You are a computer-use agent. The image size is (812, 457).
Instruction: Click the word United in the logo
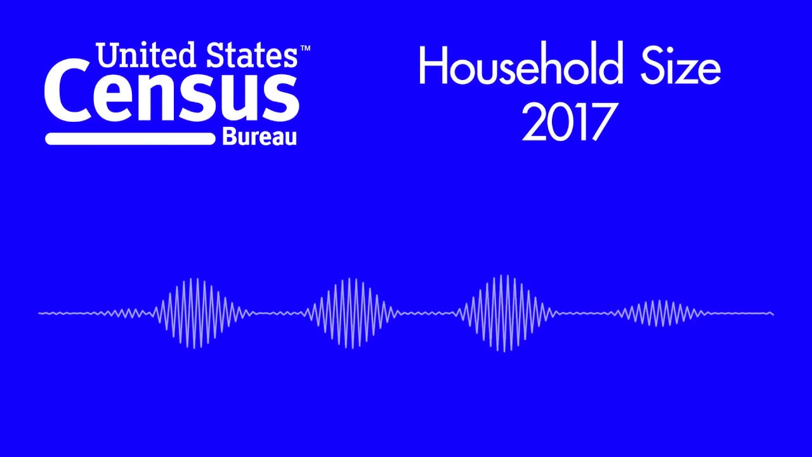click(x=143, y=56)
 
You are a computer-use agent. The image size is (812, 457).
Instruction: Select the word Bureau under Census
click(x=259, y=136)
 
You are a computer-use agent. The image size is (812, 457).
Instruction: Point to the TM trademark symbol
click(x=304, y=48)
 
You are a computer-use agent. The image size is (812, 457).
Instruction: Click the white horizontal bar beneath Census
click(x=130, y=138)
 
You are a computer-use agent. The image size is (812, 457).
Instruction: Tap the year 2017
click(x=569, y=122)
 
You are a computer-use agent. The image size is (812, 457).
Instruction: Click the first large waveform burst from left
click(x=198, y=313)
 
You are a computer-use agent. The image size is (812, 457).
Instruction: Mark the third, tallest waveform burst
click(x=505, y=313)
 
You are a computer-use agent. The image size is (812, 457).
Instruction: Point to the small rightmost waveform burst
click(x=660, y=313)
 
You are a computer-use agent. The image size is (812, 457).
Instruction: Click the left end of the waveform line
click(x=40, y=313)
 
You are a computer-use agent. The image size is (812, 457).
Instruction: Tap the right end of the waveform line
click(x=772, y=313)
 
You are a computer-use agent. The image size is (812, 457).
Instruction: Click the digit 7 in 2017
click(x=605, y=122)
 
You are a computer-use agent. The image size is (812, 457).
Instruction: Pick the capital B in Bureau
click(x=228, y=136)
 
